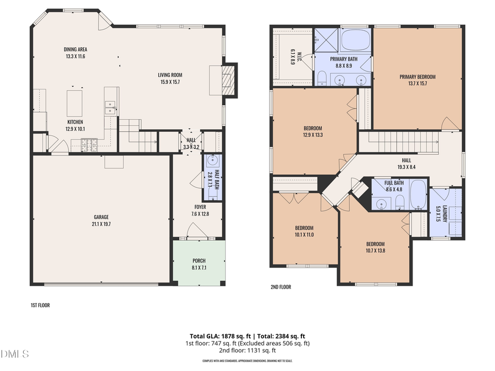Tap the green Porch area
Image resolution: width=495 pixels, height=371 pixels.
pos(199,262)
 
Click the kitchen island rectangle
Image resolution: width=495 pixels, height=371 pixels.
pos(75,102)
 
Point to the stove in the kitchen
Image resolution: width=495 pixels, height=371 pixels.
pos(90,145)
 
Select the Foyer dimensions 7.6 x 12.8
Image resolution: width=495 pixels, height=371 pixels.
pos(199,214)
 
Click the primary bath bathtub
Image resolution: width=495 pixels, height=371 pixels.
pos(356,40)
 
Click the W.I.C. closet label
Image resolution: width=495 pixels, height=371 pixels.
pos(293,57)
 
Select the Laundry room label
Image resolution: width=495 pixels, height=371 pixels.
pos(438,213)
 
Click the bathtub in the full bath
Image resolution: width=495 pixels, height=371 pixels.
pos(419,195)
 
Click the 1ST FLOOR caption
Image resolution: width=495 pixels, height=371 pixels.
pos(40,304)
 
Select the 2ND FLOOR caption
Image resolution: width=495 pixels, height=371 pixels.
pos(280,287)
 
